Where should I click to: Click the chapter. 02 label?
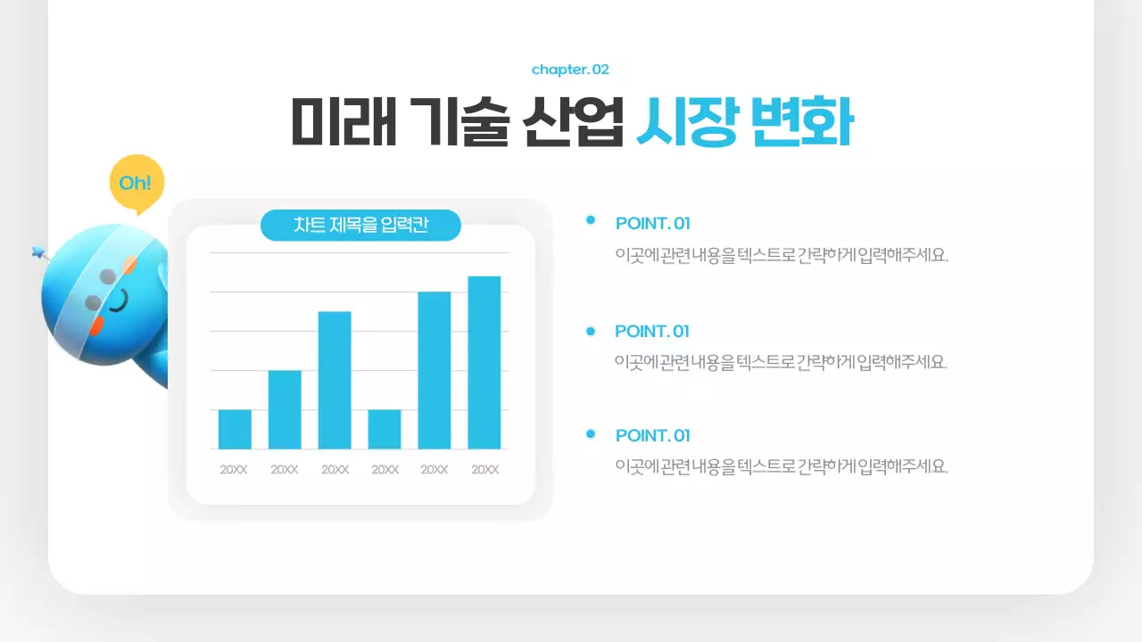570,70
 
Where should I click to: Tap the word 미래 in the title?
344,123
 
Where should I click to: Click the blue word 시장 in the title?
686,123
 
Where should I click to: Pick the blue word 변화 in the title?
800,123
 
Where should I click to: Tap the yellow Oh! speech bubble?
136,183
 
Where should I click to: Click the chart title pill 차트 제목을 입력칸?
360,226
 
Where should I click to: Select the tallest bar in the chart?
484,362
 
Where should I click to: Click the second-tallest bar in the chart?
434,370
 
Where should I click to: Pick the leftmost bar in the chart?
235,429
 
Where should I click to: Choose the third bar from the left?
335,380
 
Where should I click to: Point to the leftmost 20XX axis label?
234,470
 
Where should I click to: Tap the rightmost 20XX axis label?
484,470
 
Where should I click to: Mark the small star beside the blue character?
38,252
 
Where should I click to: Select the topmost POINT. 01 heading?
652,223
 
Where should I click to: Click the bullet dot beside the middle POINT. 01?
590,331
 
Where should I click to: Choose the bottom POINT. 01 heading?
652,435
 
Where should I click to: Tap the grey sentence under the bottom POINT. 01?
781,466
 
